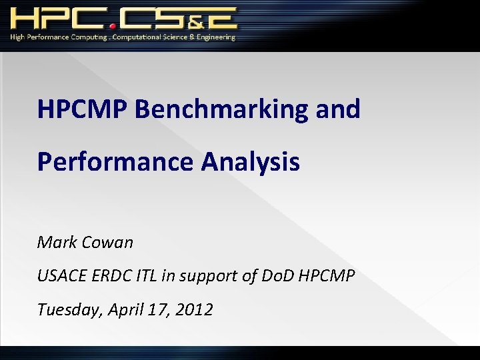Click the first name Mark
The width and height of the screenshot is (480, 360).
tap(57, 242)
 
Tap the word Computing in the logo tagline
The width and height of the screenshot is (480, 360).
tap(87, 37)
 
